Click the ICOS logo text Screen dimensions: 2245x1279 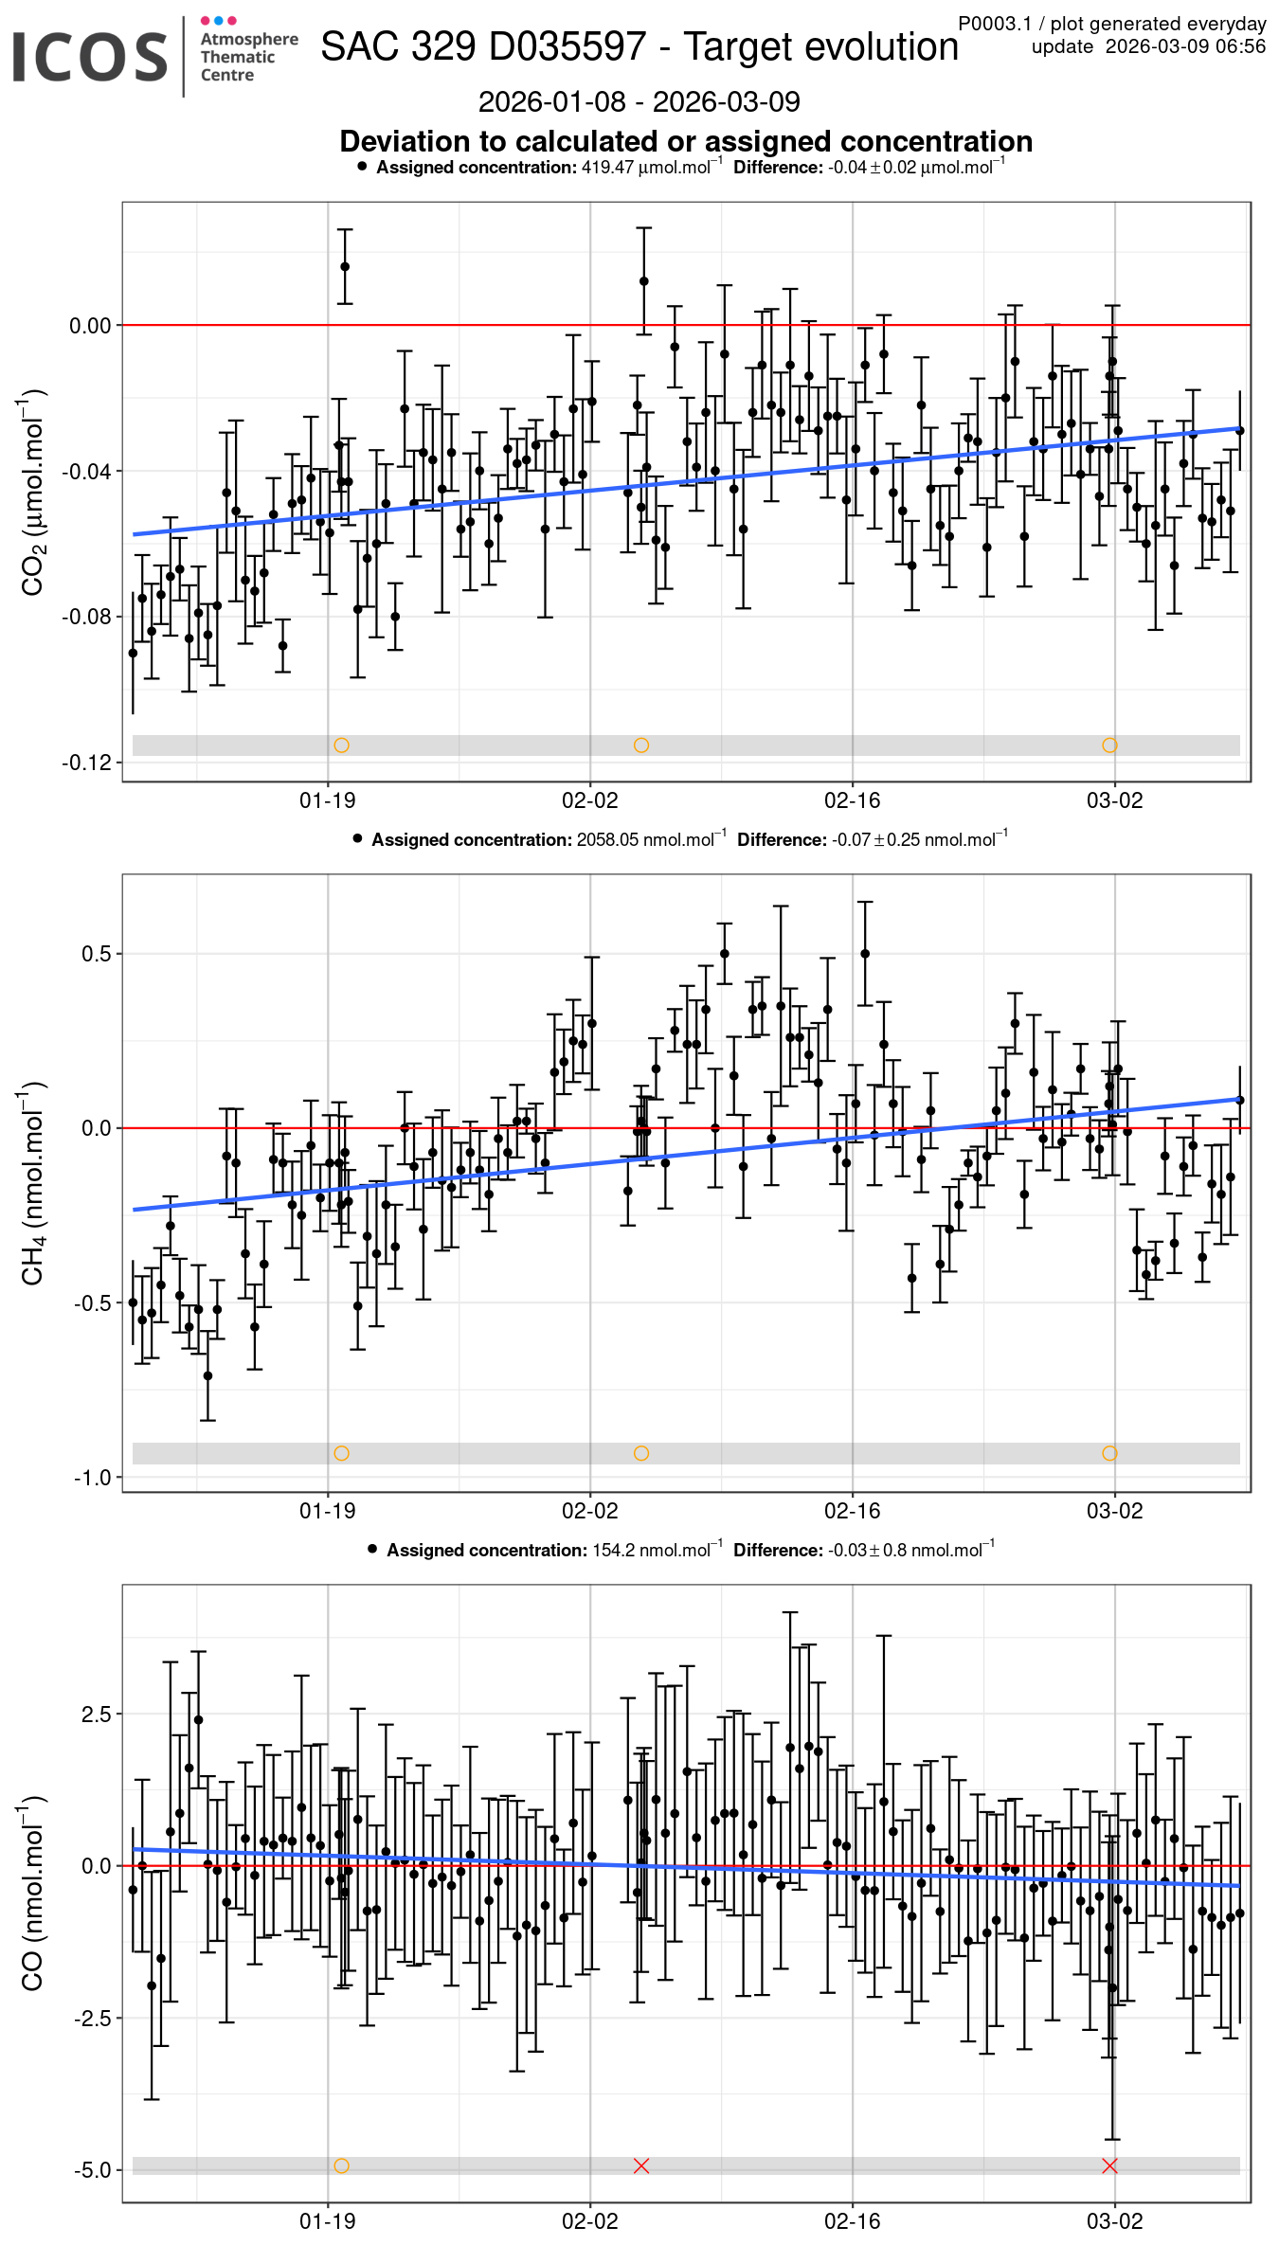(x=90, y=57)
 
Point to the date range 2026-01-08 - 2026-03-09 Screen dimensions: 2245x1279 (x=639, y=101)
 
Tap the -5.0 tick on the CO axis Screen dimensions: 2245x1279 (x=92, y=2170)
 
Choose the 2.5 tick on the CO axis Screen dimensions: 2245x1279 (x=96, y=1715)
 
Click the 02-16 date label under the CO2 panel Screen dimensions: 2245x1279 (x=852, y=801)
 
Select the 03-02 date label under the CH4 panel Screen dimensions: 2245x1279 (x=1114, y=1512)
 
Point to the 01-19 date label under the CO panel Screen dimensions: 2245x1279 (x=328, y=2221)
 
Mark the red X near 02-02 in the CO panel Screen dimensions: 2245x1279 (x=641, y=2166)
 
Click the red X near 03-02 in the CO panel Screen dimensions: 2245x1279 (x=1110, y=2166)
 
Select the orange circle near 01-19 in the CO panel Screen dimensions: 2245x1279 (x=342, y=2166)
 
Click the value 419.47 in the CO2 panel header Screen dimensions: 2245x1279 (x=607, y=168)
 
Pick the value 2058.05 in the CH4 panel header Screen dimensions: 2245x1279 (x=607, y=840)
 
